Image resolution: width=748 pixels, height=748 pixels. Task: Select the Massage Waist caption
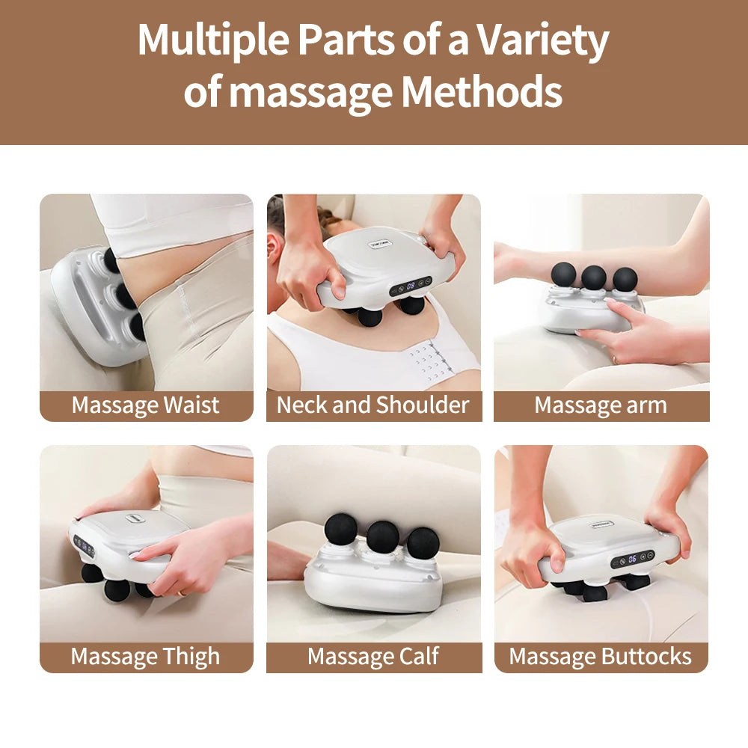coord(146,405)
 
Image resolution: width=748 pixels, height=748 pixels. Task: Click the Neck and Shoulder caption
coord(373,405)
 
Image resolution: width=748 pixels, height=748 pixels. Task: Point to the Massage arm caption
coord(601,405)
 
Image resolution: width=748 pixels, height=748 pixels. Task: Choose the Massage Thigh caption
coord(146,657)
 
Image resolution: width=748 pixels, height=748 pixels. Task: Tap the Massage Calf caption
coord(373,657)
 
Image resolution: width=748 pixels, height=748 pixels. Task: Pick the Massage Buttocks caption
coord(601,657)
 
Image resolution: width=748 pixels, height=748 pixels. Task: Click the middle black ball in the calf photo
coord(382,536)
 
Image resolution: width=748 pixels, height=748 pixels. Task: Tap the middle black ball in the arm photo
coord(594,277)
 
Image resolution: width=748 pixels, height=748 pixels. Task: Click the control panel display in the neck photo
coord(411,285)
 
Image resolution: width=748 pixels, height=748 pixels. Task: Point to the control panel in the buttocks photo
coord(633,559)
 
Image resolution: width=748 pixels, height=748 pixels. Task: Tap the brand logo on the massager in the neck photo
coord(381,244)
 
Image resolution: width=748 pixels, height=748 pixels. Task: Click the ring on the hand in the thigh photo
coord(180,593)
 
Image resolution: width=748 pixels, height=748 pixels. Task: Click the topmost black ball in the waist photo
coord(111,260)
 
